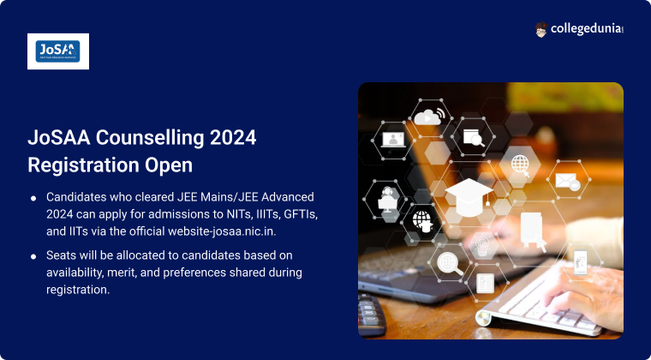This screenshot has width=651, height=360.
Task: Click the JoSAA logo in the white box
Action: pos(57,51)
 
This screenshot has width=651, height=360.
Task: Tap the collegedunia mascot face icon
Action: pos(541,29)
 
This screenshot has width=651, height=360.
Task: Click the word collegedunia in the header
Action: pos(587,29)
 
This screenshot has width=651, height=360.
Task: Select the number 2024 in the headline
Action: pos(233,138)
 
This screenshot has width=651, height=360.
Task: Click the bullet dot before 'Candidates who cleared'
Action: pos(33,199)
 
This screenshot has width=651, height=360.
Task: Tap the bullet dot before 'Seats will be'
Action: pos(33,257)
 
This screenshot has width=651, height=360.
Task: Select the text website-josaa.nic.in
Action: pos(222,231)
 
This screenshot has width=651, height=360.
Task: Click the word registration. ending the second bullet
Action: pos(78,290)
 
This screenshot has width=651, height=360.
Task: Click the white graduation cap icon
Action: pos(469,196)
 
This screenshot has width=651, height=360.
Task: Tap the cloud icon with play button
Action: pos(427,117)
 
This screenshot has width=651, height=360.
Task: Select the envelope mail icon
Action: pos(568,181)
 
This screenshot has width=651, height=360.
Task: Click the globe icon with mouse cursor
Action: pos(521,165)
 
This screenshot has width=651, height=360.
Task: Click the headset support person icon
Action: pos(386,200)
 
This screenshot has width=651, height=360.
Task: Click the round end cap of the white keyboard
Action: pos(483,319)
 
